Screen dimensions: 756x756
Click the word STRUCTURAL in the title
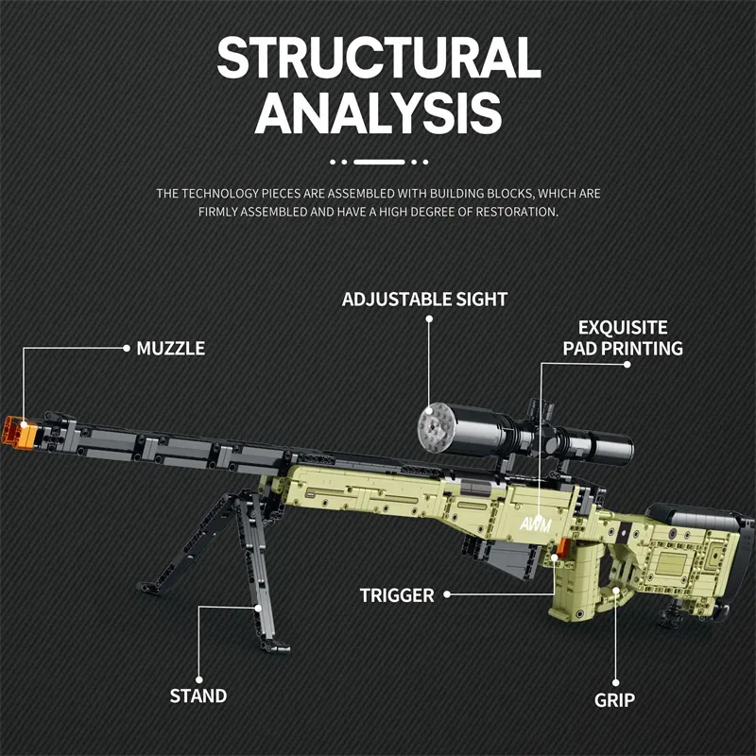click(378, 59)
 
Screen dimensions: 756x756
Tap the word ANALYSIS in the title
click(378, 113)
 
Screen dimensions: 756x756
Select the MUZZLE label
click(170, 348)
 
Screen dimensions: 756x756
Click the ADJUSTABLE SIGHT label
click(424, 299)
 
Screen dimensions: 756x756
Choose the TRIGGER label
click(397, 595)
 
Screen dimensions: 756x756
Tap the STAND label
click(198, 696)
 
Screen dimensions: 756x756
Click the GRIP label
click(614, 700)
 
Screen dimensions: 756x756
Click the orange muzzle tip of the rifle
click(21, 430)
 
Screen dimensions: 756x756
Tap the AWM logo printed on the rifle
click(533, 522)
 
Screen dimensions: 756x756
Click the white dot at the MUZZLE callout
click(127, 348)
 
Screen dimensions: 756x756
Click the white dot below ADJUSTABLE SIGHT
click(428, 319)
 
